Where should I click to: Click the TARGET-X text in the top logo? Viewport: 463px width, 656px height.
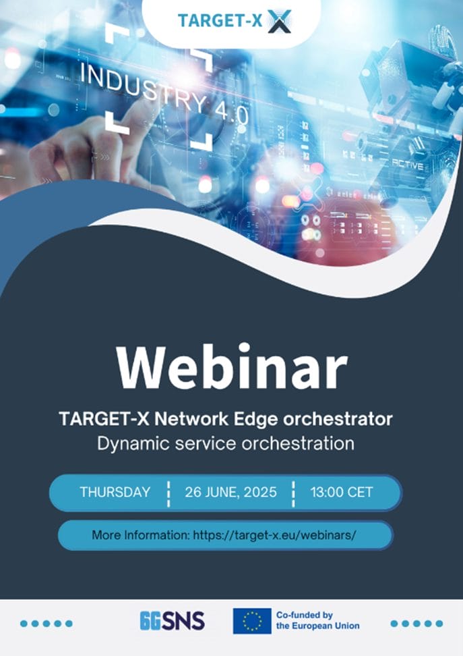click(220, 21)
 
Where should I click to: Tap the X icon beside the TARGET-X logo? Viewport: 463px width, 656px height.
click(279, 21)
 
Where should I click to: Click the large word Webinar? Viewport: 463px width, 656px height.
click(232, 367)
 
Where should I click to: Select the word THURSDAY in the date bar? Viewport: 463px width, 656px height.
click(115, 492)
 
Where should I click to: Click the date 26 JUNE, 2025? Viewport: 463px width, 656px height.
click(230, 492)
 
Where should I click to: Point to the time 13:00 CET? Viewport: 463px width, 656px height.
click(342, 492)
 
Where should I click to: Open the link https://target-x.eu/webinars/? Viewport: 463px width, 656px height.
click(274, 535)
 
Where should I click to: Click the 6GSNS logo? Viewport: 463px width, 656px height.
click(172, 621)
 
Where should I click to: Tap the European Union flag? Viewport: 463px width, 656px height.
click(252, 621)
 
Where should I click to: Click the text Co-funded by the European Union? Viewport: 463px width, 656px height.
click(317, 620)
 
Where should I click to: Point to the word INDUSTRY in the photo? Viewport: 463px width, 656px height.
click(144, 89)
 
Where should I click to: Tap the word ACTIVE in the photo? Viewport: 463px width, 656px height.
click(408, 165)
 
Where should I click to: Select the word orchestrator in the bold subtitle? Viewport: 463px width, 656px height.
click(338, 419)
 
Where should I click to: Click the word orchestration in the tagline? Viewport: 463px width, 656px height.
click(298, 443)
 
